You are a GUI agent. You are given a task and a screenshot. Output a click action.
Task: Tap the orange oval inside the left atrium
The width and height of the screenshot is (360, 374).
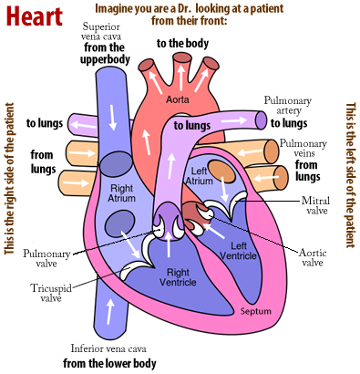coord(221,171)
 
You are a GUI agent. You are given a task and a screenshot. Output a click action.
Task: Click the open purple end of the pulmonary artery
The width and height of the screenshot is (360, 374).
coord(261,119)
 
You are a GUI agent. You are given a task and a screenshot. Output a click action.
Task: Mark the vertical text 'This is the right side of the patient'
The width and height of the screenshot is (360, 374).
coord(11,186)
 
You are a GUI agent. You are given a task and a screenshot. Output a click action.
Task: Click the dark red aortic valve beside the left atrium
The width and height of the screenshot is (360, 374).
coord(192,215)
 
